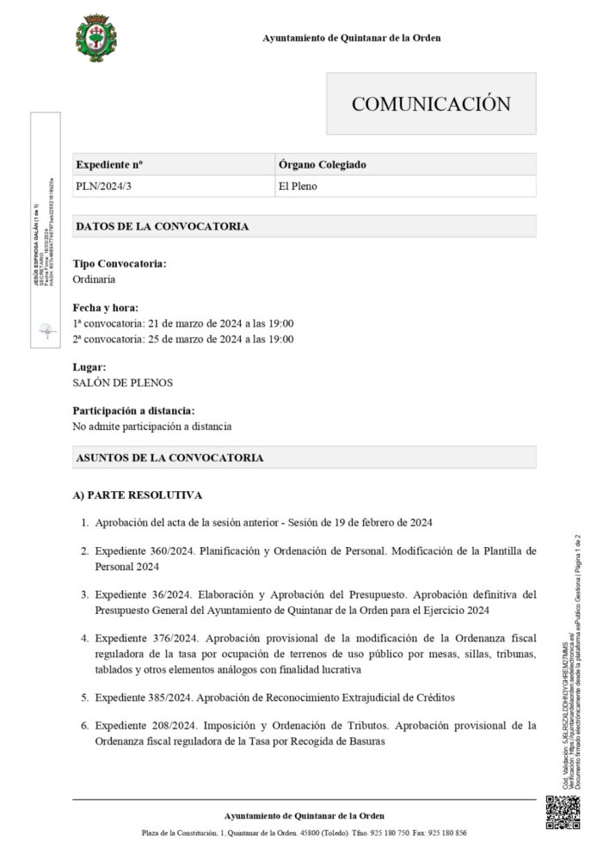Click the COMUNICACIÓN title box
click(x=430, y=104)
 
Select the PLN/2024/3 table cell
click(x=101, y=186)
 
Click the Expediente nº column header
click(x=109, y=164)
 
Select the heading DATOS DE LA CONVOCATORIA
click(x=163, y=226)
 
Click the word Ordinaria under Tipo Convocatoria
click(x=95, y=279)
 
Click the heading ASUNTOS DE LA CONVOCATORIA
click(x=169, y=458)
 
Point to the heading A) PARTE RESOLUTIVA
click(x=138, y=496)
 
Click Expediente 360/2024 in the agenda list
click(x=146, y=550)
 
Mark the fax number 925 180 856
click(x=449, y=832)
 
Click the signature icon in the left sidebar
click(x=46, y=330)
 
